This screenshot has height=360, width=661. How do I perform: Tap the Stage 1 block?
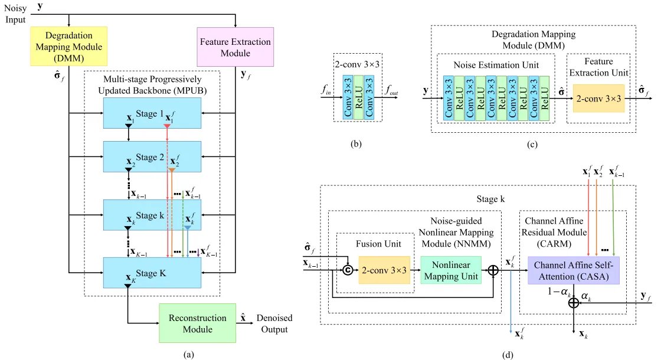(152, 113)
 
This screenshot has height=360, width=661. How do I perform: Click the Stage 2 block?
(152, 156)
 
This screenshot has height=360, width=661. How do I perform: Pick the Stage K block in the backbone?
(152, 272)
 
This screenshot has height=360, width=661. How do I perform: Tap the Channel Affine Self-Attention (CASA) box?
(574, 271)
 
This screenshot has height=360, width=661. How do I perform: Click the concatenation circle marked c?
(348, 271)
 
